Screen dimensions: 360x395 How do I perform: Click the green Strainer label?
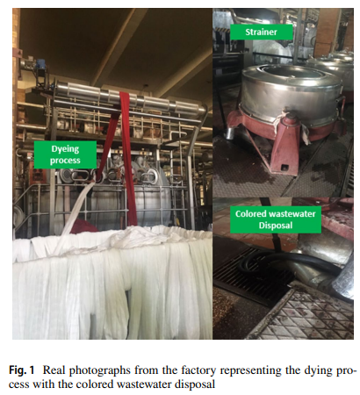click(261, 32)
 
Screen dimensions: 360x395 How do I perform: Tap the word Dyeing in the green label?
click(65, 149)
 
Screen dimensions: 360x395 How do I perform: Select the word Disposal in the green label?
click(276, 226)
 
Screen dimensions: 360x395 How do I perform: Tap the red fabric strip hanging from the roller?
click(129, 158)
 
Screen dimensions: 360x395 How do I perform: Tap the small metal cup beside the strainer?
click(228, 133)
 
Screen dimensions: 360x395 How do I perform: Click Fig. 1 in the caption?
click(22, 370)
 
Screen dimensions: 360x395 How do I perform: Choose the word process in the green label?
click(65, 161)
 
